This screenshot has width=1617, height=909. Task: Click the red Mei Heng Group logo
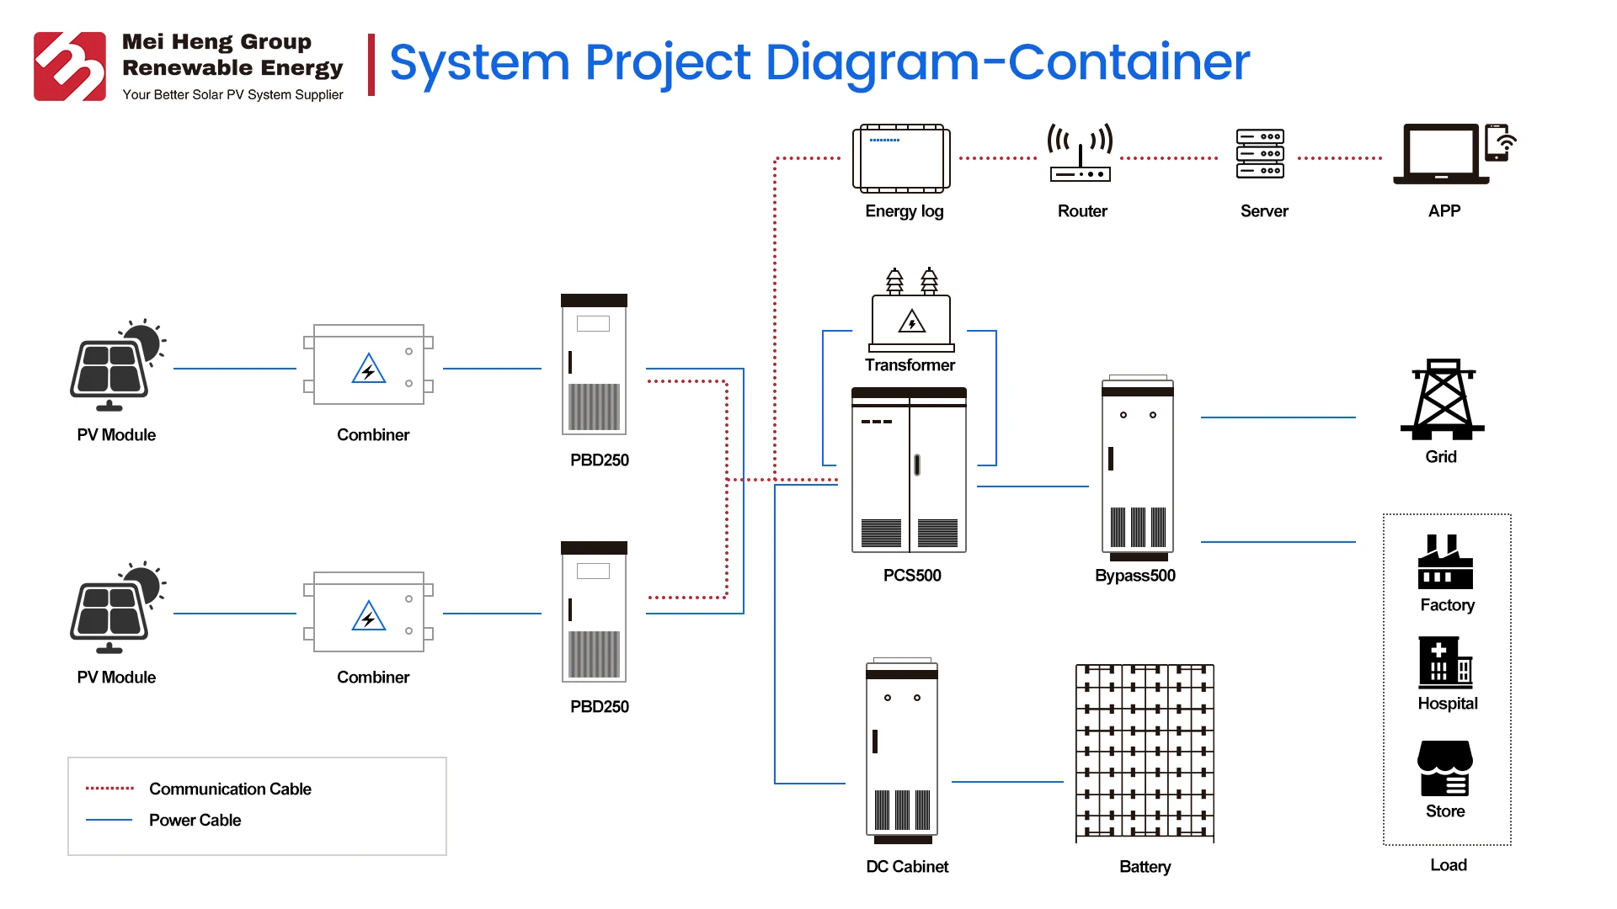pyautogui.click(x=70, y=66)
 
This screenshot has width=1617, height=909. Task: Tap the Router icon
pyautogui.click(x=1081, y=153)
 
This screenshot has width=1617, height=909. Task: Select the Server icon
pyautogui.click(x=1260, y=153)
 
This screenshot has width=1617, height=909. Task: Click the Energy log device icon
pyautogui.click(x=901, y=158)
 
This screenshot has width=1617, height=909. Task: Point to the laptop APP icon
pyautogui.click(x=1442, y=153)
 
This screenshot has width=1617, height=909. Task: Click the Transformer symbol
pyautogui.click(x=911, y=311)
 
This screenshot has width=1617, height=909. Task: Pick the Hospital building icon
pyautogui.click(x=1445, y=663)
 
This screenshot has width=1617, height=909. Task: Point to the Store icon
pyautogui.click(x=1445, y=768)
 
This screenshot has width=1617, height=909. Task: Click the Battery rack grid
pyautogui.click(x=1145, y=752)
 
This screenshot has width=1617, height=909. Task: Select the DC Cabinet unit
pyautogui.click(x=902, y=752)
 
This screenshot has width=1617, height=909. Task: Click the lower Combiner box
pyautogui.click(x=369, y=613)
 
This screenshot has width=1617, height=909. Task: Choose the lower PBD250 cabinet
pyautogui.click(x=594, y=612)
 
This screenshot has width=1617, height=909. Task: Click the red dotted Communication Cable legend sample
pyautogui.click(x=109, y=789)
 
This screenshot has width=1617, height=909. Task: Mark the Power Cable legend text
pyautogui.click(x=195, y=821)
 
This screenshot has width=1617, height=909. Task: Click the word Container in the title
pyautogui.click(x=1129, y=62)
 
